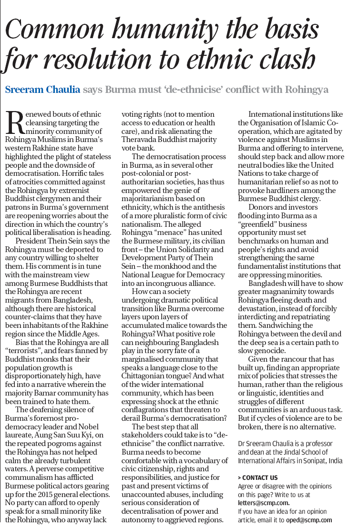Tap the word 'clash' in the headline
(x=285, y=61)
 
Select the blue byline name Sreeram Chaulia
(x=42, y=90)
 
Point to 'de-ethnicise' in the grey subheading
(x=199, y=90)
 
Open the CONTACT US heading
(x=258, y=477)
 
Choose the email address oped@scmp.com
(x=309, y=520)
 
